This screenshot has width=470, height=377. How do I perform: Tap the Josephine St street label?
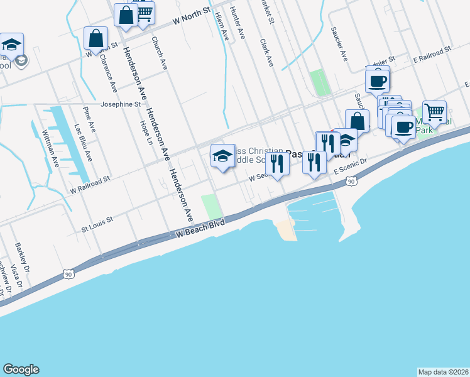(x=121, y=104)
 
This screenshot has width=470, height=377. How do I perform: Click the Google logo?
(x=21, y=369)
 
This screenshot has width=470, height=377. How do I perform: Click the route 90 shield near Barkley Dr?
(x=68, y=275)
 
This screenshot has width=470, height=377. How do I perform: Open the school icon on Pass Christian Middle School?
(x=222, y=156)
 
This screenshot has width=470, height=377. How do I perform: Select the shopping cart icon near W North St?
(x=144, y=13)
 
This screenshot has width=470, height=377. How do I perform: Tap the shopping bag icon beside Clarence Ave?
(x=96, y=38)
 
